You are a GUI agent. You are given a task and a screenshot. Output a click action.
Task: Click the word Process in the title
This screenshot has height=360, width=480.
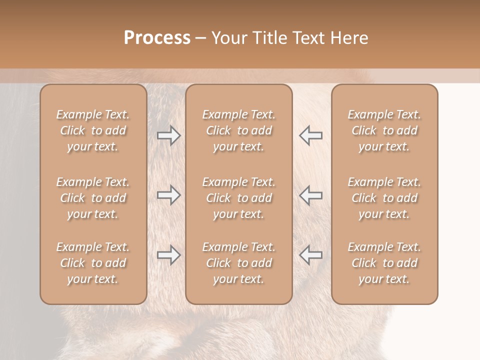157,38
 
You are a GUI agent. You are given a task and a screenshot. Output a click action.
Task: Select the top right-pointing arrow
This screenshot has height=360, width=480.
169,135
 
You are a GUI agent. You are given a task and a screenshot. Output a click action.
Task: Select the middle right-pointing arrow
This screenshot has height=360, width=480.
169,195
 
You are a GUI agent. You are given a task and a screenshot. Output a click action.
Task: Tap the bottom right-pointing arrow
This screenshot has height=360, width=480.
169,255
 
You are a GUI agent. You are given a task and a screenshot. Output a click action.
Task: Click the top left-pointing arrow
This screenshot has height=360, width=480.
310,135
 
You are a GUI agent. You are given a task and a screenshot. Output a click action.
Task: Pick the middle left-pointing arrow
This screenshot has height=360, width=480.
310,195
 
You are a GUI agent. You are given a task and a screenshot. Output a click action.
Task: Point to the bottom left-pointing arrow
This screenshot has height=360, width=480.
310,255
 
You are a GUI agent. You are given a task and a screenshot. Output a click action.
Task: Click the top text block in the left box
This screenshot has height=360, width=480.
93,130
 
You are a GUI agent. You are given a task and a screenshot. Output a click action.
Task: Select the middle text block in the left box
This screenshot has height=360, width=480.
93,198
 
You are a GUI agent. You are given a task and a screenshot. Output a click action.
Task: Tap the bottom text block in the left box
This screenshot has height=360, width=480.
93,263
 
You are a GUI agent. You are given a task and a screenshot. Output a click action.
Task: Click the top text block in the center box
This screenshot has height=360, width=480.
238,130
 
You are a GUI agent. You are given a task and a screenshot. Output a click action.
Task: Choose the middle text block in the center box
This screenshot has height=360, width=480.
238,198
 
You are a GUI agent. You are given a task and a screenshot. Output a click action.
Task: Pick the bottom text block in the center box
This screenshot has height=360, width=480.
238,263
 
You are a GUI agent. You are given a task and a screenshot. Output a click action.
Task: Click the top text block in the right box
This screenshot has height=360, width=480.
384,130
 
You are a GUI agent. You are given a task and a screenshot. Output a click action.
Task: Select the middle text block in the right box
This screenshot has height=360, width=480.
384,198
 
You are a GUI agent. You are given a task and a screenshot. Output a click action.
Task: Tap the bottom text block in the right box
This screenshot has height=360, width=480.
384,263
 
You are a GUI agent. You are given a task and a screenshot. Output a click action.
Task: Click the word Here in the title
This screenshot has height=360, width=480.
350,38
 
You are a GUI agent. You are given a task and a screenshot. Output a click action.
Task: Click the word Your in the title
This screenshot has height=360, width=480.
229,38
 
